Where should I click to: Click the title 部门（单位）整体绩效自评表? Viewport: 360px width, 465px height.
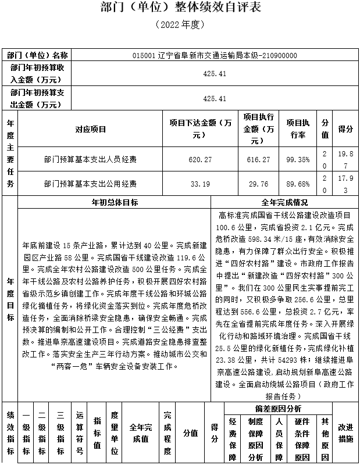[180, 8]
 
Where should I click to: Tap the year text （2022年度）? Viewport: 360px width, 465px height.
[180, 26]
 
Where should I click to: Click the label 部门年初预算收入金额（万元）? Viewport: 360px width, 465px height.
[38, 73]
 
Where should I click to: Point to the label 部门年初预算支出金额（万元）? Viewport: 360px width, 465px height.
[38, 98]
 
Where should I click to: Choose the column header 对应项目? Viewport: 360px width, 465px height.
[90, 129]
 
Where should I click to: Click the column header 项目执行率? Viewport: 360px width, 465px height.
[298, 129]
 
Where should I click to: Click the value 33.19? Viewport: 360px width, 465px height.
[201, 184]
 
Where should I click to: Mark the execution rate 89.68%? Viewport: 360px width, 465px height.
[298, 184]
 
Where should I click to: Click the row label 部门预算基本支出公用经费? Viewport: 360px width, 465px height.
[90, 184]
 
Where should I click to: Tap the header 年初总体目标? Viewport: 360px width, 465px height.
[115, 203]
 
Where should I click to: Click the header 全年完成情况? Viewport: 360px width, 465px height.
[285, 203]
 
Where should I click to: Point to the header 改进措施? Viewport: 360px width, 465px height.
[345, 433]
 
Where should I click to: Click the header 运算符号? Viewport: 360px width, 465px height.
[79, 433]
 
